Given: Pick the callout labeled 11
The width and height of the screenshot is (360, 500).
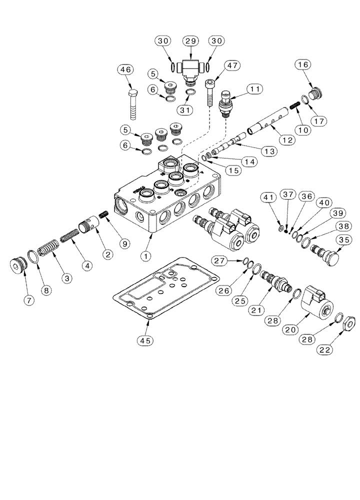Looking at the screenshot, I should pyautogui.click(x=255, y=88).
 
